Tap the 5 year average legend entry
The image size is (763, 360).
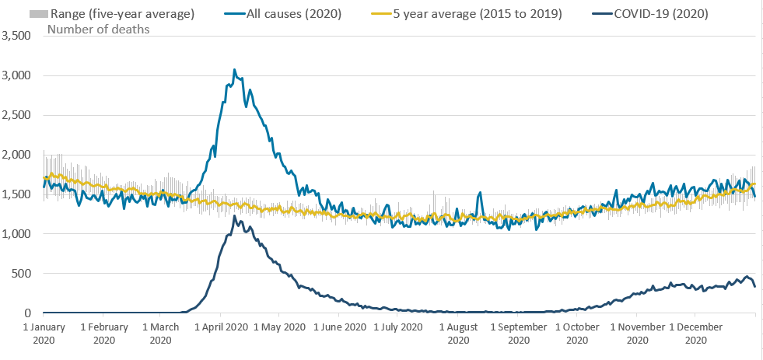[478, 14]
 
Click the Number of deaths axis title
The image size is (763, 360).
[99, 30]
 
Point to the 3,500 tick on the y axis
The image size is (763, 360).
[17, 36]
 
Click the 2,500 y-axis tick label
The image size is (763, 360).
[17, 115]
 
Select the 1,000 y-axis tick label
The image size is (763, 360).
[17, 234]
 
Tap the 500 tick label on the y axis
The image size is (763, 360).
[22, 274]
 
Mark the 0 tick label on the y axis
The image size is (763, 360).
[27, 313]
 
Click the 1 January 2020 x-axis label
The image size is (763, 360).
[44, 333]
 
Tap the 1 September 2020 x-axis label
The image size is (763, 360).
[518, 333]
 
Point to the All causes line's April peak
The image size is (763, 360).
[235, 70]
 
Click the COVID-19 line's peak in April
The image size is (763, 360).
[234, 216]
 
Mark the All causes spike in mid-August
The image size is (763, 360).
[481, 193]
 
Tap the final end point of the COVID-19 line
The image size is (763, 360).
[754, 287]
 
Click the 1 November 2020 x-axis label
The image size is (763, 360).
[637, 333]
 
